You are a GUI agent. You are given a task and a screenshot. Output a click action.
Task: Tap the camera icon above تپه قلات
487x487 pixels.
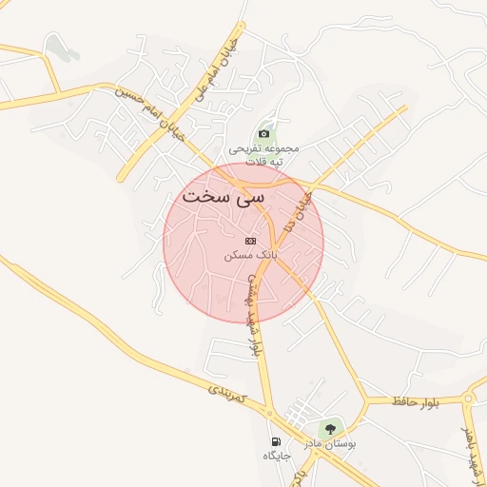(263, 134)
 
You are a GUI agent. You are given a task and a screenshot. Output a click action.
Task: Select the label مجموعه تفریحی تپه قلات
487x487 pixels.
(264, 155)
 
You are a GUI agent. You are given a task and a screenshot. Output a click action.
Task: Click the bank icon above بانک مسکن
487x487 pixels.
(250, 242)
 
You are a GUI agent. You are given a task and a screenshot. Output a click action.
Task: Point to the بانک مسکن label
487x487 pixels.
(250, 256)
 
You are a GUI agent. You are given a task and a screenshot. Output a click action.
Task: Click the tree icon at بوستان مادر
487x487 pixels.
(331, 429)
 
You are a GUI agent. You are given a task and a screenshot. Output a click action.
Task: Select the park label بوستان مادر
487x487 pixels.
(329, 444)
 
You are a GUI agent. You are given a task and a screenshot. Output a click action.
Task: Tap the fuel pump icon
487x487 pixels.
(276, 442)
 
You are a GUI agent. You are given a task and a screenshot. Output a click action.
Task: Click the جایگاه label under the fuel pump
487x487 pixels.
(276, 457)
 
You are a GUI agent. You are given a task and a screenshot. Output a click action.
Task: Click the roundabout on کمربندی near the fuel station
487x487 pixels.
(269, 414)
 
